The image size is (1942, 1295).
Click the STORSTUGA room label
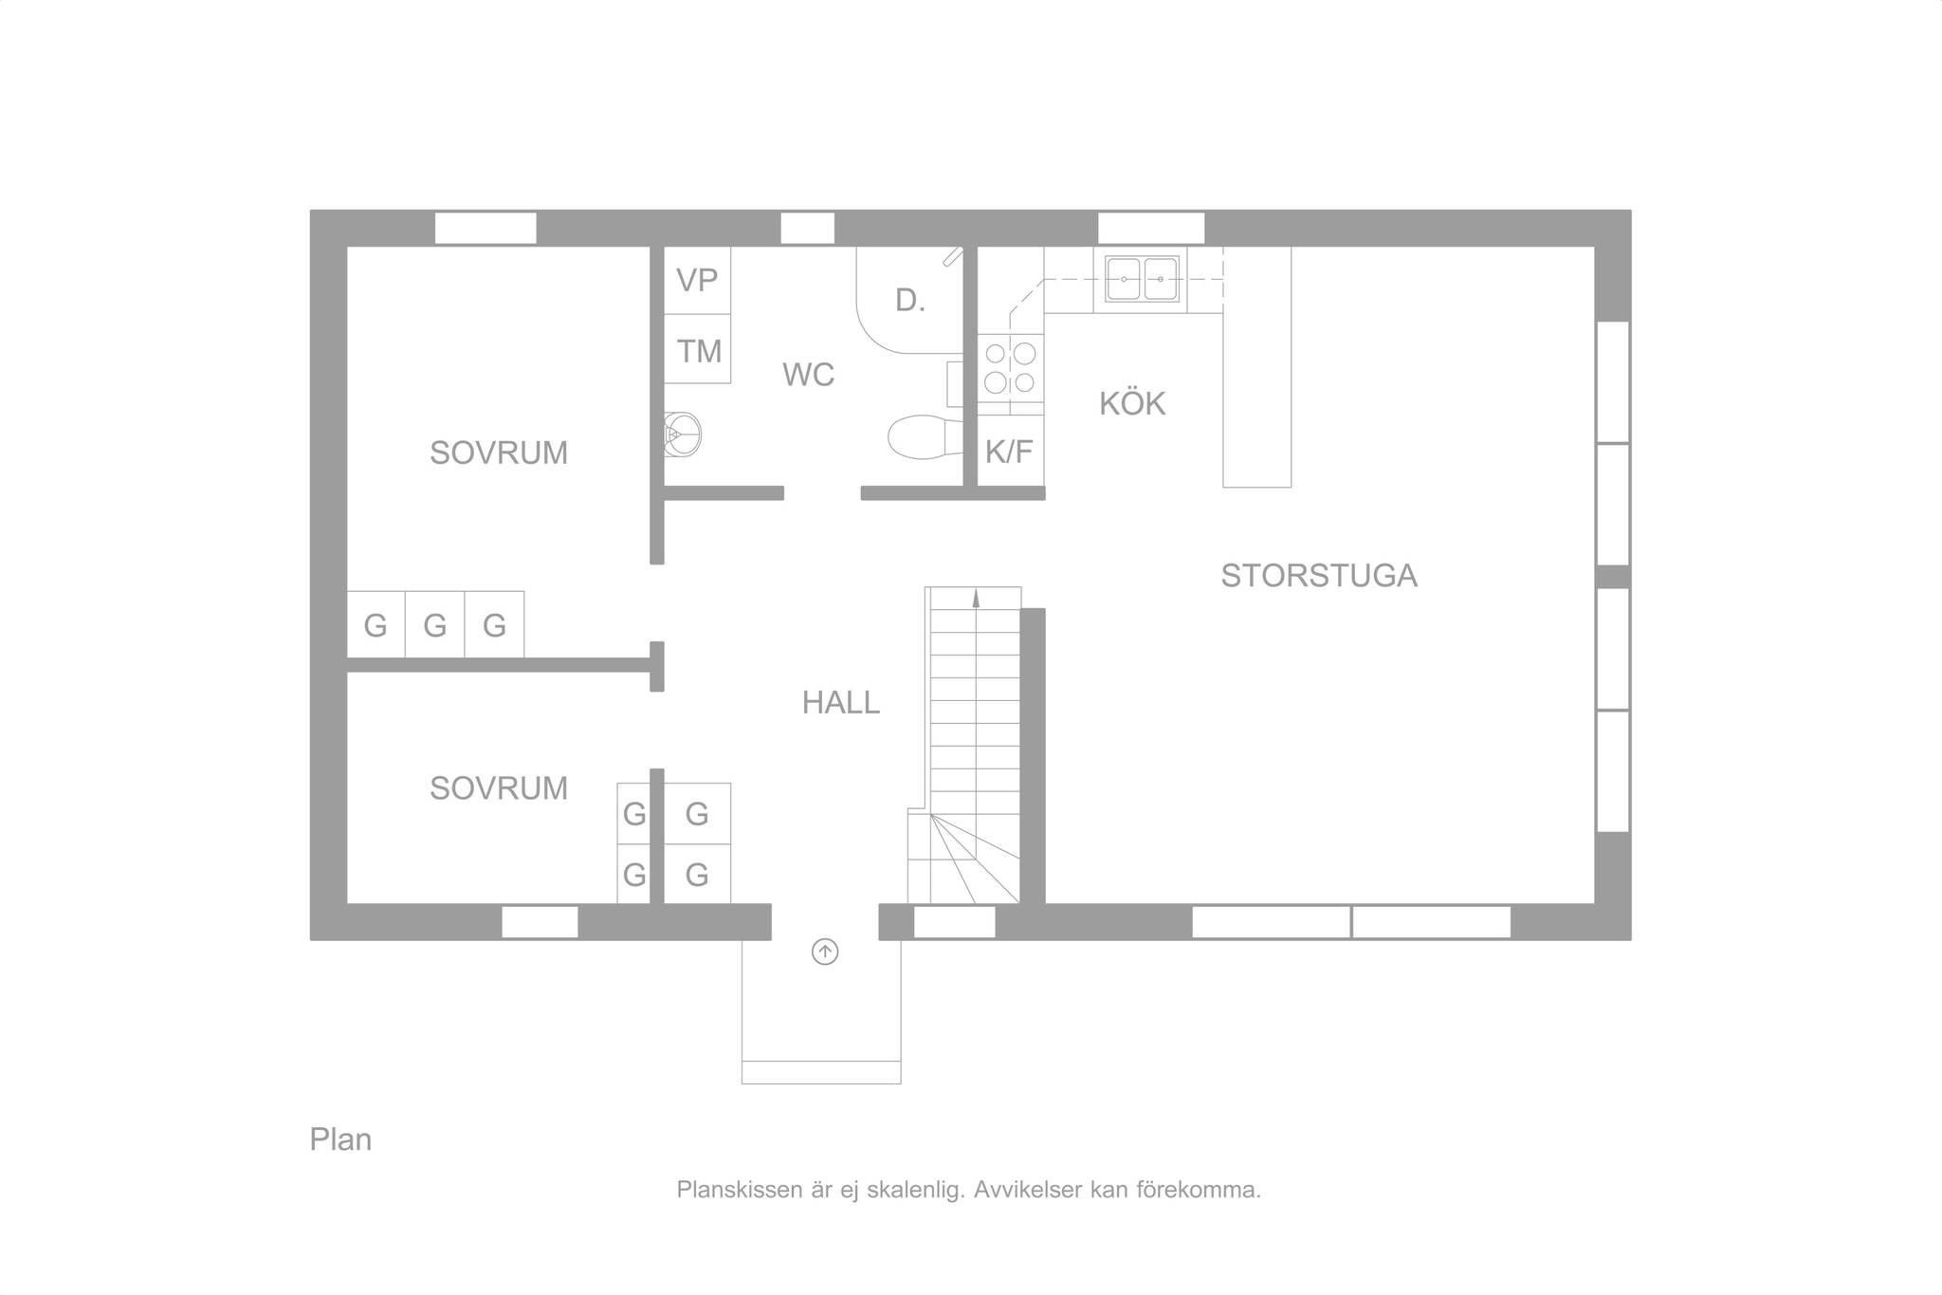point(1319,576)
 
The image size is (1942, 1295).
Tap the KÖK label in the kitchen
point(1132,404)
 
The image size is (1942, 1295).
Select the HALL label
point(841,703)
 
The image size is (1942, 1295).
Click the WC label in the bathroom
point(808,376)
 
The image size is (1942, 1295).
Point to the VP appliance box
point(697,281)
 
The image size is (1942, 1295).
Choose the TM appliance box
point(697,349)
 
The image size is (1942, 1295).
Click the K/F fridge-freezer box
point(1011,451)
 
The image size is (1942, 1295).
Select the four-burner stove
point(1011,374)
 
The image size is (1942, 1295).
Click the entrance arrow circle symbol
point(825,952)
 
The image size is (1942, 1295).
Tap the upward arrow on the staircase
point(976,598)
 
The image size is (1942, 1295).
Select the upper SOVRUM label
point(499,453)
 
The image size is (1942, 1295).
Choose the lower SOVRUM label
point(499,788)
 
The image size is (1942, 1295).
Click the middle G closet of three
point(435,624)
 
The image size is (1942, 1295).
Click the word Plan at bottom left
point(340,1139)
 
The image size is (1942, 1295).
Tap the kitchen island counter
point(1257,367)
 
